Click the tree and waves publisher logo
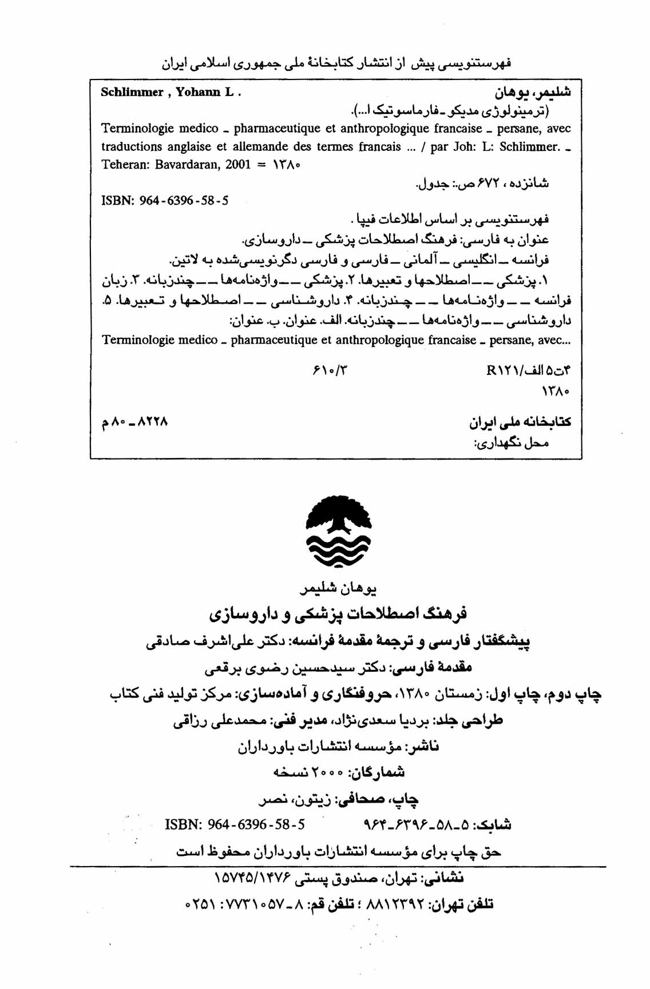[x=339, y=532]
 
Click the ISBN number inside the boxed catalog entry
[x=184, y=201]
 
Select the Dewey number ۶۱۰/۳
[x=330, y=370]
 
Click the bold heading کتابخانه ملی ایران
[x=520, y=422]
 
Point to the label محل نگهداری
[x=512, y=443]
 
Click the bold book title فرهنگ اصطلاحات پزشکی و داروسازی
[x=338, y=614]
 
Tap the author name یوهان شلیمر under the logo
[x=338, y=588]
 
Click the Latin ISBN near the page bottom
[x=235, y=824]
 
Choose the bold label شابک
[x=494, y=824]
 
